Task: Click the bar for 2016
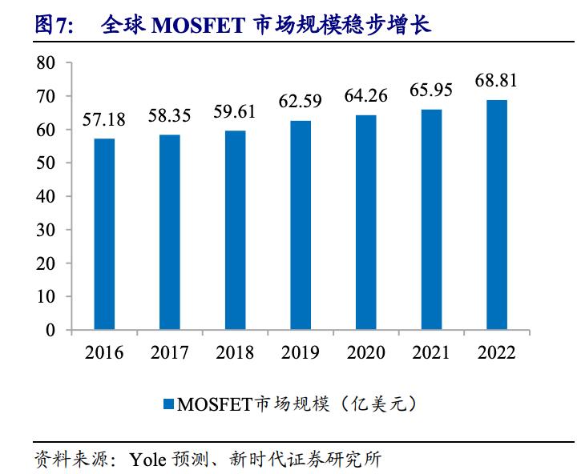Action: point(104,234)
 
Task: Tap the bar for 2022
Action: point(497,215)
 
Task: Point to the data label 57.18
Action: point(104,121)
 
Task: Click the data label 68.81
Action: point(497,81)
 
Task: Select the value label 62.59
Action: point(301,102)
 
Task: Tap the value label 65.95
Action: point(431,90)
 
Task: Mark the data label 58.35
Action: point(170,116)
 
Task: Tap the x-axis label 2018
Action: point(235,353)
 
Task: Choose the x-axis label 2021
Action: point(431,353)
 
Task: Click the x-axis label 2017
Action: point(170,353)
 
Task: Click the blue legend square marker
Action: point(168,404)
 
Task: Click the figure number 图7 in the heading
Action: point(53,26)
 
